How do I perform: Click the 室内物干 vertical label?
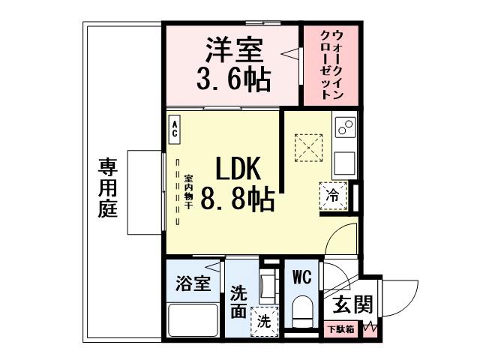(188, 193)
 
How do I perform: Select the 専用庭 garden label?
(107, 187)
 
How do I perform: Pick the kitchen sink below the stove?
(344, 163)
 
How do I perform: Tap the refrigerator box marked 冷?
(333, 195)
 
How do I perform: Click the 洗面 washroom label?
(238, 301)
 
